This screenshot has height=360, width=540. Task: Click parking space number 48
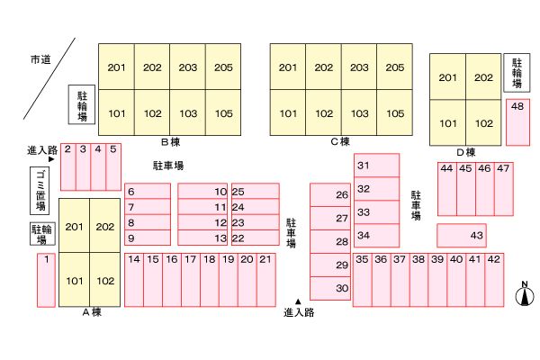pyautogui.click(x=517, y=122)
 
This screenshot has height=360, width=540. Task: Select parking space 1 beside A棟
pyautogui.click(x=46, y=280)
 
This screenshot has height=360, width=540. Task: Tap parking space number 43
pyautogui.click(x=462, y=235)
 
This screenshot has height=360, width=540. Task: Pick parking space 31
pyautogui.click(x=377, y=166)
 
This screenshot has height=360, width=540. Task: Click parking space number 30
pyautogui.click(x=330, y=288)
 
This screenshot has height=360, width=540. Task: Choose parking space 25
pyautogui.click(x=256, y=191)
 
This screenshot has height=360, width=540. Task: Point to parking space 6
pyautogui.click(x=148, y=191)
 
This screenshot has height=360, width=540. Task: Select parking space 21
pyautogui.click(x=266, y=280)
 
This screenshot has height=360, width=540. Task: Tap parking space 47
pyautogui.click(x=504, y=189)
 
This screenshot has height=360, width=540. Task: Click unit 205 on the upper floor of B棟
pyautogui.click(x=223, y=67)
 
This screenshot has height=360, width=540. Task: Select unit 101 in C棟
pyautogui.click(x=288, y=113)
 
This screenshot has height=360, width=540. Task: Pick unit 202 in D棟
pyautogui.click(x=483, y=77)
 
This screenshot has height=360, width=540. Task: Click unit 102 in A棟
pyautogui.click(x=105, y=280)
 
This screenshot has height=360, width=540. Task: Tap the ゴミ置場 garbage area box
pyautogui.click(x=40, y=191)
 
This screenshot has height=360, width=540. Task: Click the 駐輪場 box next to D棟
pyautogui.click(x=517, y=73)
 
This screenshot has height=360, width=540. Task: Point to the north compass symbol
pyautogui.click(x=525, y=295)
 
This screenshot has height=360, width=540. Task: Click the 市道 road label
pyautogui.click(x=40, y=59)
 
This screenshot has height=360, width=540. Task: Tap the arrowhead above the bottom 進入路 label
pyautogui.click(x=298, y=301)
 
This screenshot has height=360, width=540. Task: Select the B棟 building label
pyautogui.click(x=170, y=141)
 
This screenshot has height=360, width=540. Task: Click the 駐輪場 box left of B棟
pyautogui.click(x=82, y=104)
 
